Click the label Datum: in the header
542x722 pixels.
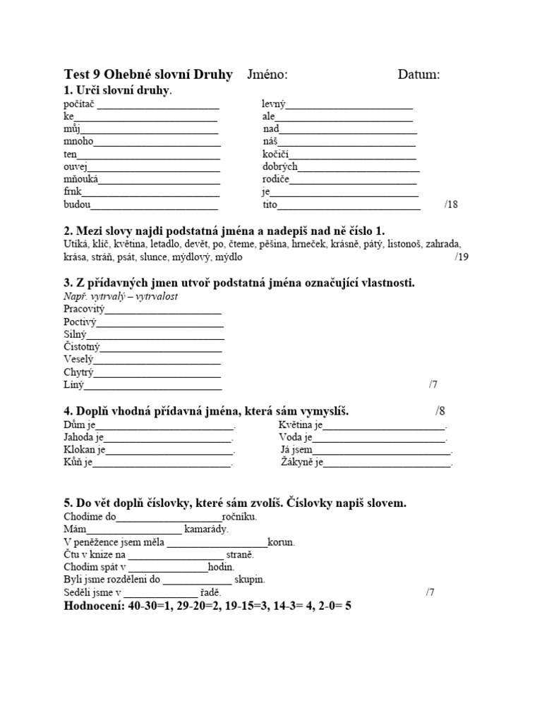418,75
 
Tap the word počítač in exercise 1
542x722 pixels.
79,104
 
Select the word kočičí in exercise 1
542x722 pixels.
276,154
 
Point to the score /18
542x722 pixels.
451,204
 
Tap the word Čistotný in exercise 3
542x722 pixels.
82,347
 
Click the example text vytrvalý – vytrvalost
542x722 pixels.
121,297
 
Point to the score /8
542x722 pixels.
440,411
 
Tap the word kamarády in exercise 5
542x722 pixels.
207,529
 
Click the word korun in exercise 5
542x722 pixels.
282,542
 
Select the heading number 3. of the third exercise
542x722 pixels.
68,283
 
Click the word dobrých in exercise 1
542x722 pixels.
279,167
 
